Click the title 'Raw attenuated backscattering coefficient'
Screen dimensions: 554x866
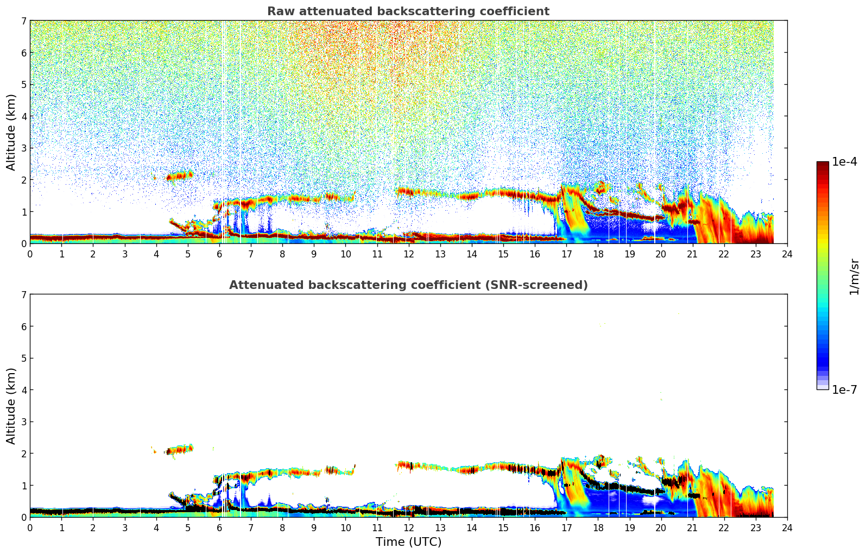(x=408, y=11)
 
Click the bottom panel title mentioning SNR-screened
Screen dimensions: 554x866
(x=408, y=285)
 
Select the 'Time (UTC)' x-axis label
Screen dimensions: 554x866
(x=408, y=542)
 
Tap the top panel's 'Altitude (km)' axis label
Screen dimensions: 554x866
(x=11, y=132)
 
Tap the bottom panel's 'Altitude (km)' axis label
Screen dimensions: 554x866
(x=11, y=406)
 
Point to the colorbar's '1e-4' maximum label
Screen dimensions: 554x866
(x=844, y=162)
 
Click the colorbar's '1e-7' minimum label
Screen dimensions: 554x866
(x=844, y=390)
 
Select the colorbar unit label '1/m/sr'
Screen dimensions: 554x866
(x=854, y=276)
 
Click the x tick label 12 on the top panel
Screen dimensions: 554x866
(x=408, y=254)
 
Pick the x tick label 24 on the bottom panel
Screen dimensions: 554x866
(x=787, y=527)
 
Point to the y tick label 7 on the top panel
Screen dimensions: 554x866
(x=23, y=21)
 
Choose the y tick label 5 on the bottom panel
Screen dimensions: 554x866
(x=23, y=358)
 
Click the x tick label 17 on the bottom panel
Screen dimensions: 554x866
(x=566, y=527)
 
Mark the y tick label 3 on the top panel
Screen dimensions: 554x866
(x=23, y=148)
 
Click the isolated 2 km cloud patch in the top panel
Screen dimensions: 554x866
(x=180, y=176)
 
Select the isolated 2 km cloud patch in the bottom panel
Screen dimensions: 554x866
(x=180, y=450)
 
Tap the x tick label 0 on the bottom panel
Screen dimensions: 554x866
(x=30, y=527)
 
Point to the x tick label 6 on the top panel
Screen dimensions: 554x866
(x=219, y=254)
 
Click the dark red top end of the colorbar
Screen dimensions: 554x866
(x=823, y=164)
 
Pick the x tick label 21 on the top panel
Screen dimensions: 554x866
(x=692, y=254)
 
